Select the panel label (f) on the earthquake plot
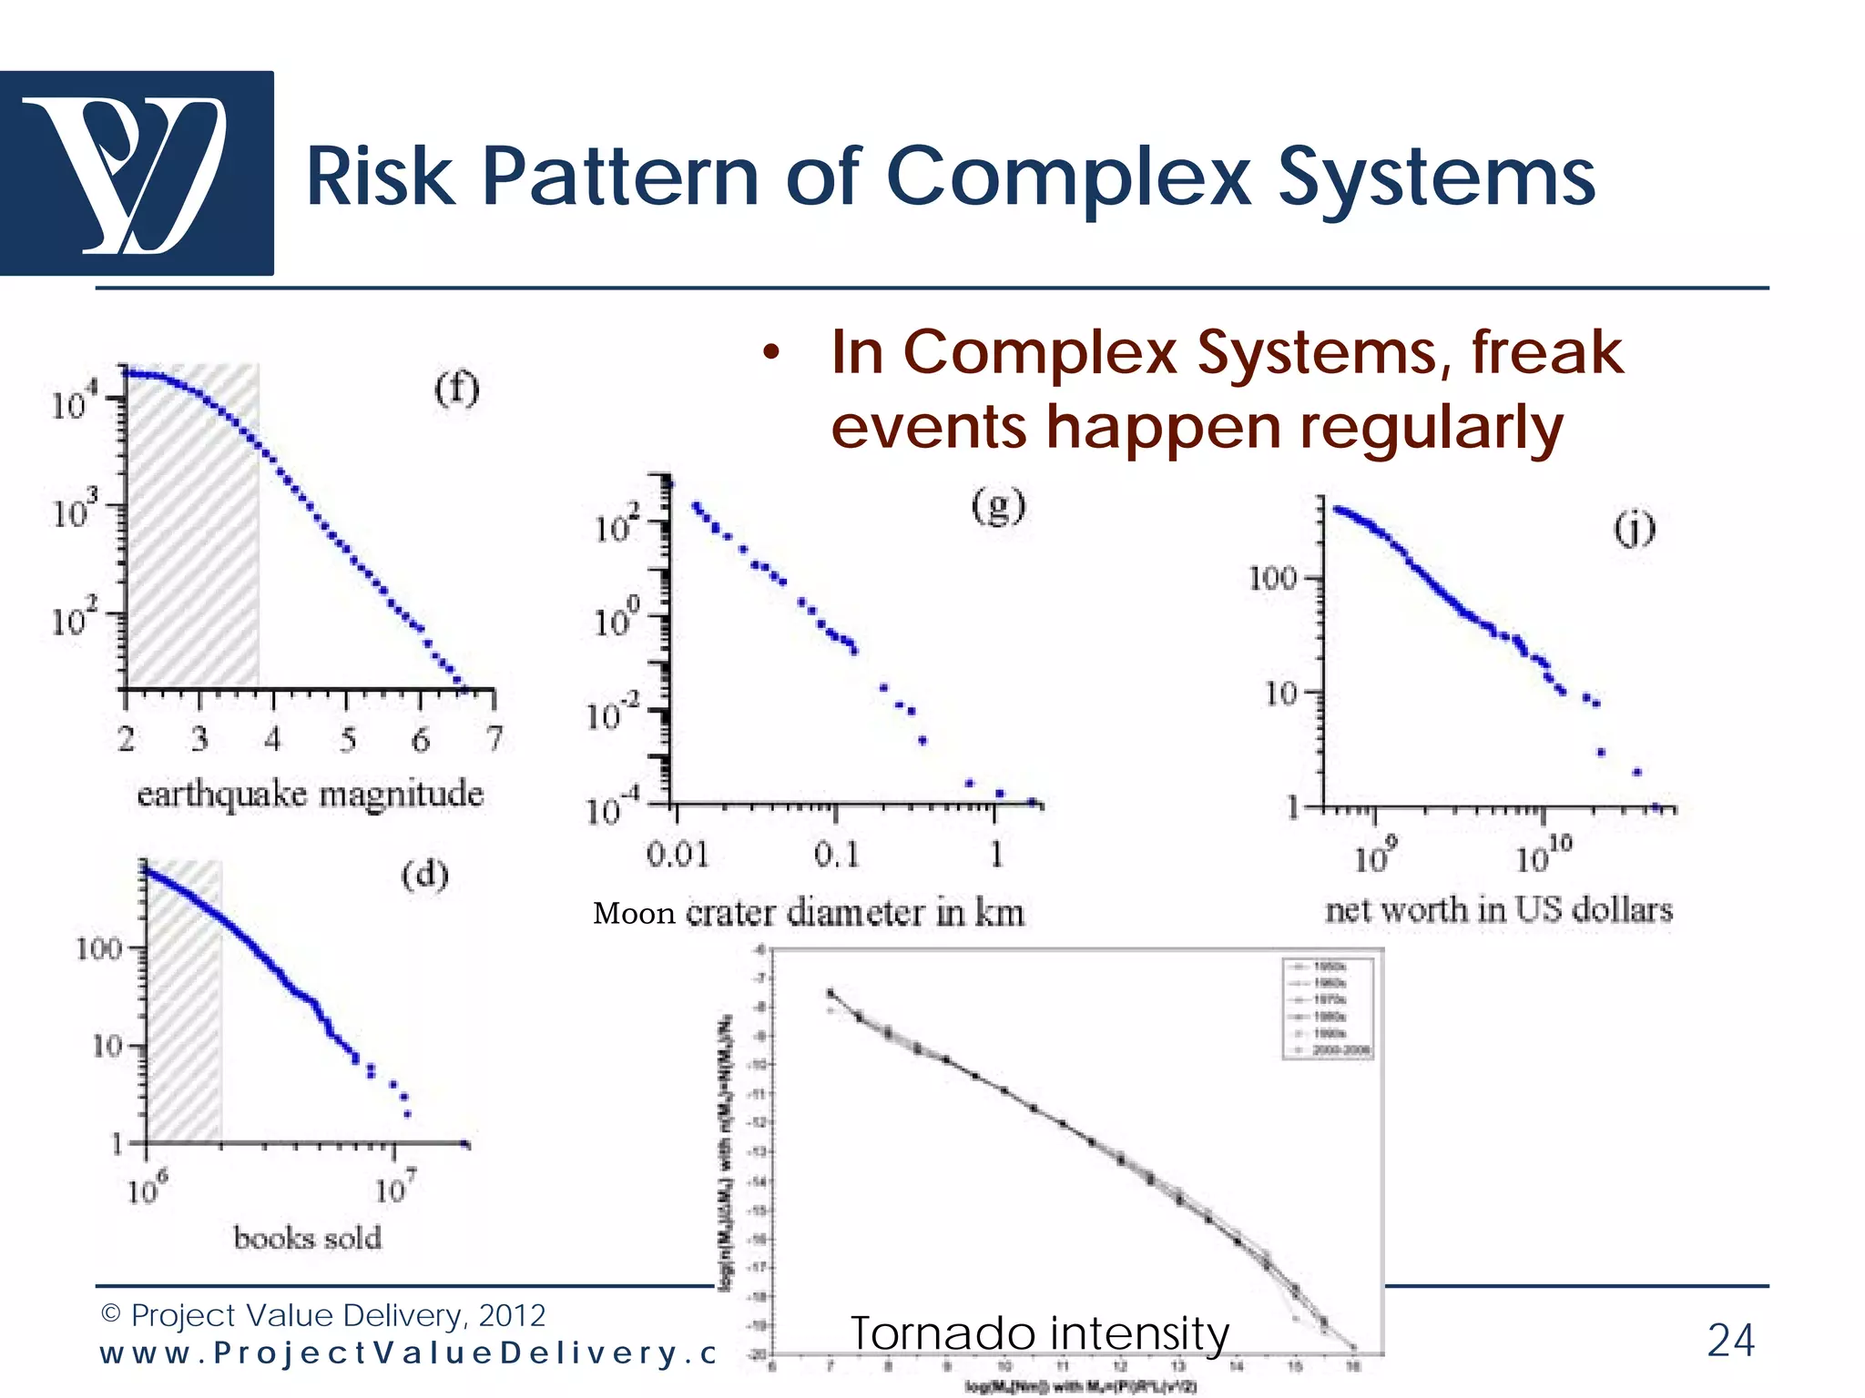click(x=456, y=390)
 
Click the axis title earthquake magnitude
click(x=310, y=795)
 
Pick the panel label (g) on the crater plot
click(x=998, y=506)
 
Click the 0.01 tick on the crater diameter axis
click(x=678, y=855)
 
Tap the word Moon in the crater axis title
click(x=634, y=914)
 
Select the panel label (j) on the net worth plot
click(x=1635, y=529)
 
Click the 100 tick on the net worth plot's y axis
click(x=1272, y=578)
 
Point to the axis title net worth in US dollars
click(x=1499, y=910)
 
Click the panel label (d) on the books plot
click(x=424, y=876)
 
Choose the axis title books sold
click(x=308, y=1239)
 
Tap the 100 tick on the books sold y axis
click(x=98, y=949)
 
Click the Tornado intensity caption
click(x=1039, y=1334)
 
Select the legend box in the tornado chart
click(x=1328, y=1008)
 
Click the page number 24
click(x=1730, y=1342)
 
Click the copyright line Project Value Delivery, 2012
click(x=323, y=1315)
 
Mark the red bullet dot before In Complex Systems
click(x=771, y=355)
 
